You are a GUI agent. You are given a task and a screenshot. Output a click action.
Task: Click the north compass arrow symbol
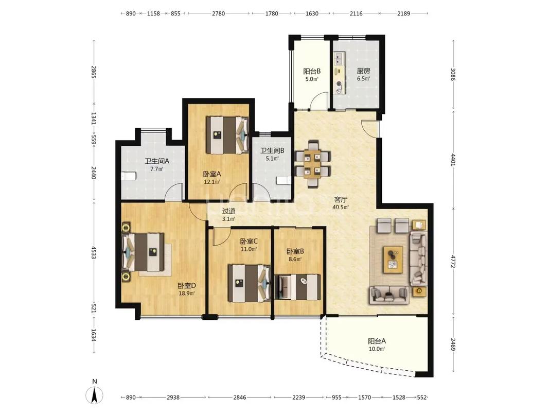95,396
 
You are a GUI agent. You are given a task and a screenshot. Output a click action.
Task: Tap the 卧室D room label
187,285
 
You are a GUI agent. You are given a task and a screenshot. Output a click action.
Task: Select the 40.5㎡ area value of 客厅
340,208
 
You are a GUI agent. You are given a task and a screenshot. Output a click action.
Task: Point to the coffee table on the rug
393,259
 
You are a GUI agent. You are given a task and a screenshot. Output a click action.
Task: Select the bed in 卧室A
227,135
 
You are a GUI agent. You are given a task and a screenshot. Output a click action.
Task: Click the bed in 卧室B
297,287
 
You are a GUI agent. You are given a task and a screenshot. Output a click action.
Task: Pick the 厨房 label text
363,71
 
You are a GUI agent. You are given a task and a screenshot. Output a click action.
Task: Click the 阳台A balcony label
377,341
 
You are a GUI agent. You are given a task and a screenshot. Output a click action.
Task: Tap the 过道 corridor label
228,211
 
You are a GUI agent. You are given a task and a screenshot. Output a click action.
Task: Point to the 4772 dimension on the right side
454,261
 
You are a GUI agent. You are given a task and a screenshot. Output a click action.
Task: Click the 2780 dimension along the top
219,13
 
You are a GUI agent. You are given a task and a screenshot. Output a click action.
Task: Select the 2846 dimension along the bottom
239,397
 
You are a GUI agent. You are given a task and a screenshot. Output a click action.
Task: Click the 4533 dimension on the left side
94,252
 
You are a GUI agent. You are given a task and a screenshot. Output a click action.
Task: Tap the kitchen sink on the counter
339,59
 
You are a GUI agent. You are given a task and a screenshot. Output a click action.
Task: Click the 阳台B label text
312,71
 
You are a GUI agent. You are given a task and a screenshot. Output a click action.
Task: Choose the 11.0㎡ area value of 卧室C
249,249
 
